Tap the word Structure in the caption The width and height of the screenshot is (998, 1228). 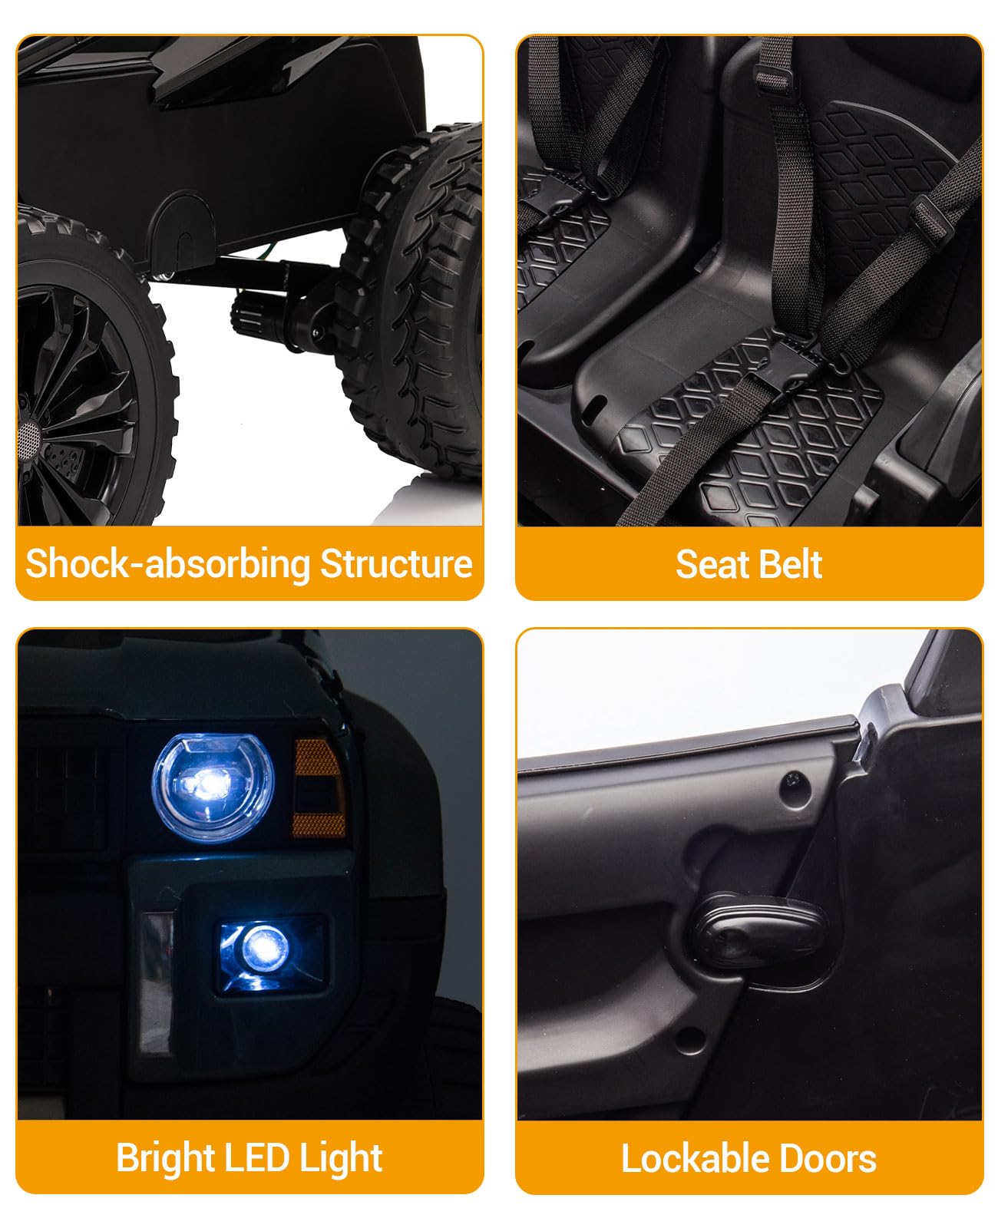coord(397,563)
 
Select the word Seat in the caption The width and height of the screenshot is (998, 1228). coord(709,564)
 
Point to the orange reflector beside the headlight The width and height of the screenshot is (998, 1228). coord(319,787)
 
